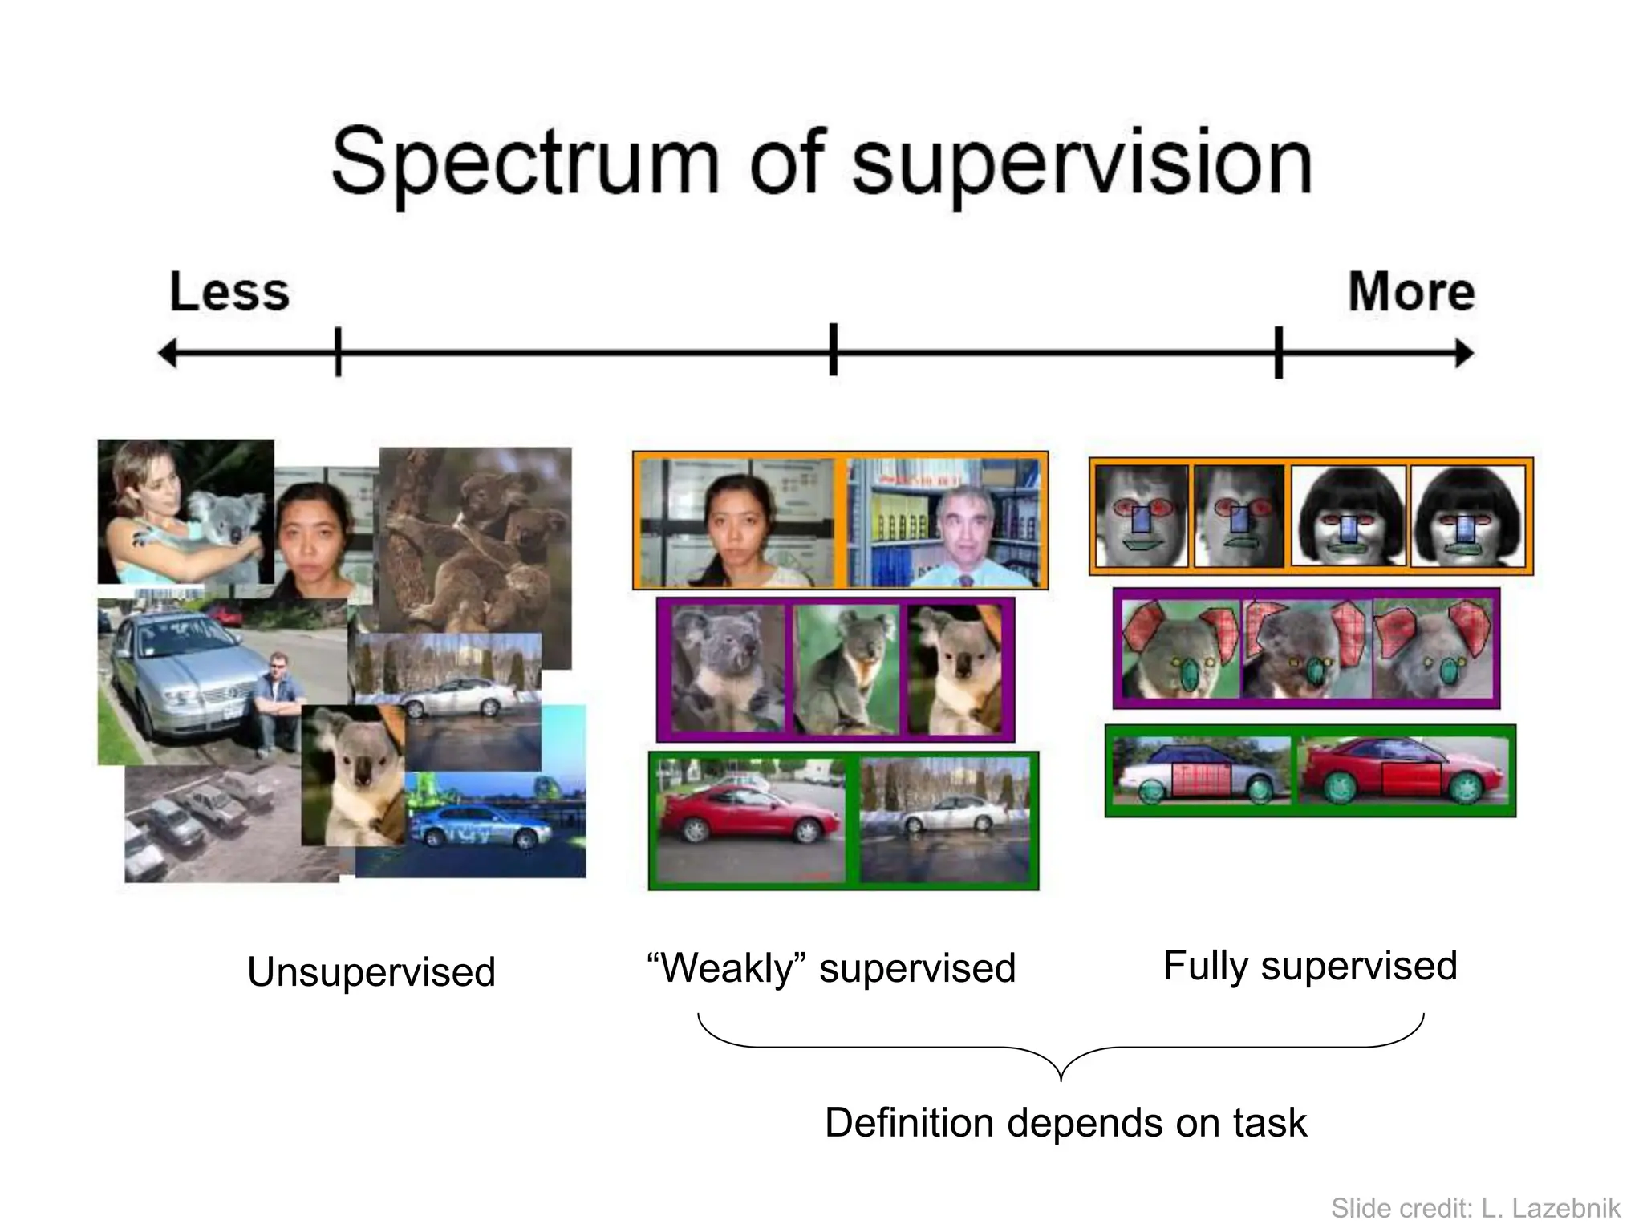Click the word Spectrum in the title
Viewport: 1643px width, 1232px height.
click(525, 164)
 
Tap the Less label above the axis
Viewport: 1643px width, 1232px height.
click(229, 292)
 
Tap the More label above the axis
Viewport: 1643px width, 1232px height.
click(1411, 292)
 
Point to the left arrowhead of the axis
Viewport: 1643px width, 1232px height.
click(166, 353)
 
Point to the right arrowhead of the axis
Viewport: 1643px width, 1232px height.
click(1466, 353)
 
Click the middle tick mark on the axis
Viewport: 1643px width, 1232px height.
click(834, 351)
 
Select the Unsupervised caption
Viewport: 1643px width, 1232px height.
click(371, 972)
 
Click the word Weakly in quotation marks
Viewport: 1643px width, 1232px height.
click(727, 968)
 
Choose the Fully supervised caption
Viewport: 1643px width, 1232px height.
click(1310, 966)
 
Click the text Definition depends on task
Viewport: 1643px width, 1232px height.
click(1065, 1123)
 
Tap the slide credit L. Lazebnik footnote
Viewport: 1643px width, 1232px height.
click(1475, 1208)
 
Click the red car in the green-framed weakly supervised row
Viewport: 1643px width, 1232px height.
click(748, 814)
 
